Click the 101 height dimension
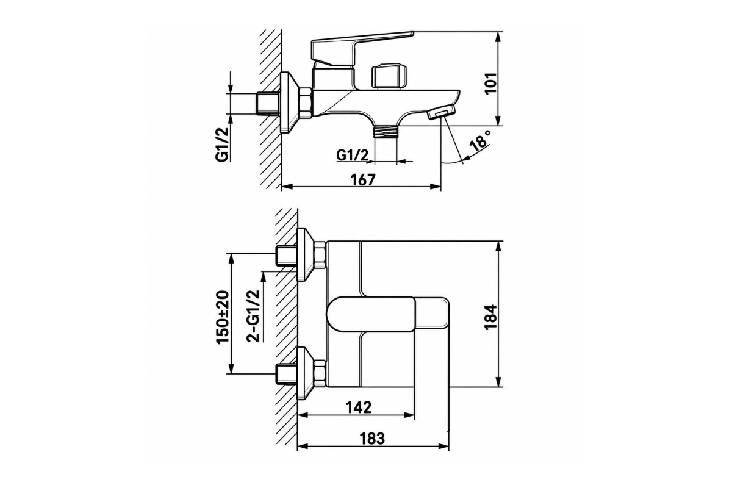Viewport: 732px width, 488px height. click(491, 84)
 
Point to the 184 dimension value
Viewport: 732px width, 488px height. click(491, 317)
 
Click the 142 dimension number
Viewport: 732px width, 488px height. click(359, 407)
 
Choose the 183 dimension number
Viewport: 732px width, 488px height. click(372, 439)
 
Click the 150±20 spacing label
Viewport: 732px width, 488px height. click(223, 317)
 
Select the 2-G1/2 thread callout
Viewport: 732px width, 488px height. click(254, 316)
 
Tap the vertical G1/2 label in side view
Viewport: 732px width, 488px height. click(222, 144)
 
